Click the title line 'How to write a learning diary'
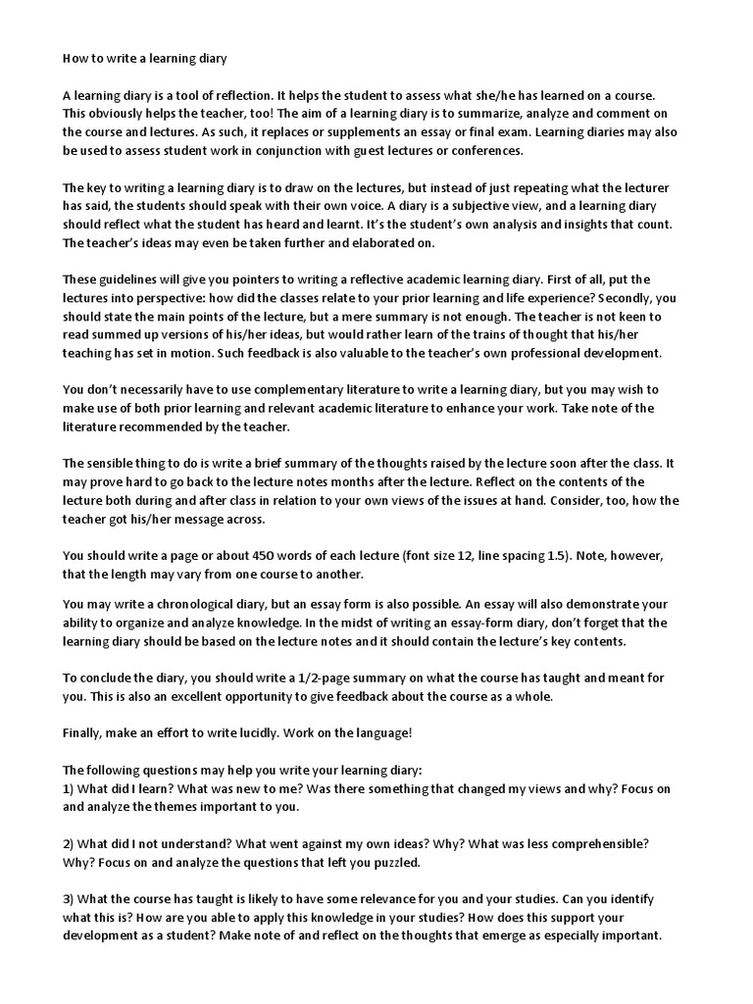pos(145,59)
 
